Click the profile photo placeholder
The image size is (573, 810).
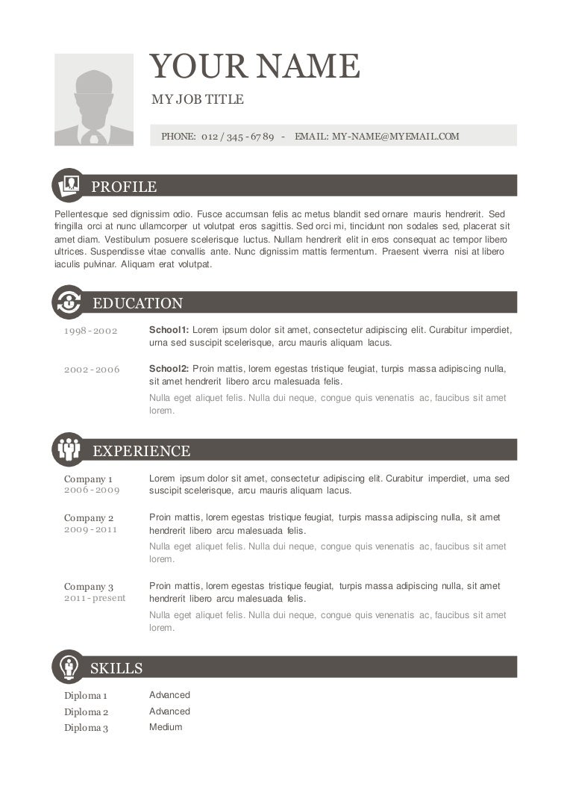point(94,99)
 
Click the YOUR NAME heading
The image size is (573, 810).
point(254,67)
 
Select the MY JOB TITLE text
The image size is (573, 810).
point(197,99)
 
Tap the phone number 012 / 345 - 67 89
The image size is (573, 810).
point(237,137)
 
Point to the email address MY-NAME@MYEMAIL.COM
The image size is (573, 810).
point(395,137)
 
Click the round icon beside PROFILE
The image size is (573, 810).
point(69,185)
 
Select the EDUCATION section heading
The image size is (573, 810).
point(137,303)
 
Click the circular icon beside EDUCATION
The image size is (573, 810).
point(69,302)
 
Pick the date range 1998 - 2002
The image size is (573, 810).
point(91,331)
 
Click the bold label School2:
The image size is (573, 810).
point(169,369)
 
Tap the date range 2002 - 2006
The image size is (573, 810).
point(92,370)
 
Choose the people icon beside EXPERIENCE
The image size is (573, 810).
point(69,449)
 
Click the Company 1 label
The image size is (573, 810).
point(88,479)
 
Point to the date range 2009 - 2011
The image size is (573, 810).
point(91,529)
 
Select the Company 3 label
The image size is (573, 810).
point(89,587)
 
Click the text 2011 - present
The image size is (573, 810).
point(95,598)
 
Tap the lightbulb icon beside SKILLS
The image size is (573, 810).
point(69,667)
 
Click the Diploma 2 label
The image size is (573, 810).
point(86,712)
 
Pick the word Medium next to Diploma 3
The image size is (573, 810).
point(166,727)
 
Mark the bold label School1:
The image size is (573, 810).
point(169,330)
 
